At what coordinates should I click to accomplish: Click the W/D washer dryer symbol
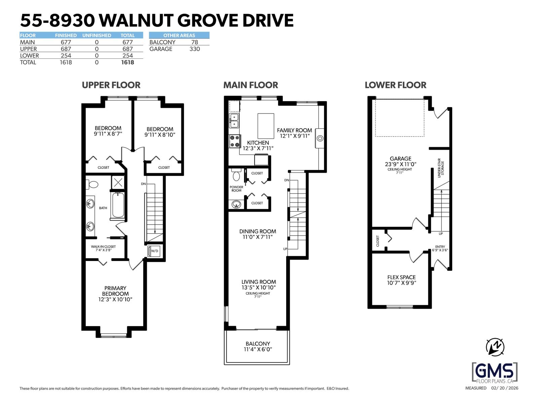click(x=154, y=251)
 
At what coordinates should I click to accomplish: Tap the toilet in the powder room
click(x=236, y=175)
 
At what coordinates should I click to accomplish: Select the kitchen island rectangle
click(x=266, y=126)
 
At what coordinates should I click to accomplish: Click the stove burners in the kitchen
click(x=234, y=141)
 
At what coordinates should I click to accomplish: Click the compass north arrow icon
click(x=495, y=347)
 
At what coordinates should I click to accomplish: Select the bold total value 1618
click(x=127, y=62)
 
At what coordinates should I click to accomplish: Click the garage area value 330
click(x=194, y=49)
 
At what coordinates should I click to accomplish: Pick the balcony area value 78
click(x=194, y=42)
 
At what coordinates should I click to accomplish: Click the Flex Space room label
click(x=401, y=277)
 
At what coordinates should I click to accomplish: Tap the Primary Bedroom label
click(x=115, y=291)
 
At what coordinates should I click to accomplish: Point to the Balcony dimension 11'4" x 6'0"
click(x=258, y=349)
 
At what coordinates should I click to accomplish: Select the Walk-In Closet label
click(x=103, y=247)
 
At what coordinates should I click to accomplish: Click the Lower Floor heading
click(x=395, y=85)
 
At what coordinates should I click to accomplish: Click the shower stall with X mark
click(x=118, y=183)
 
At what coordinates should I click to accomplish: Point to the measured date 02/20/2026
click(x=505, y=388)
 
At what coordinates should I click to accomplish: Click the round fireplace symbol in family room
click(x=320, y=138)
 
